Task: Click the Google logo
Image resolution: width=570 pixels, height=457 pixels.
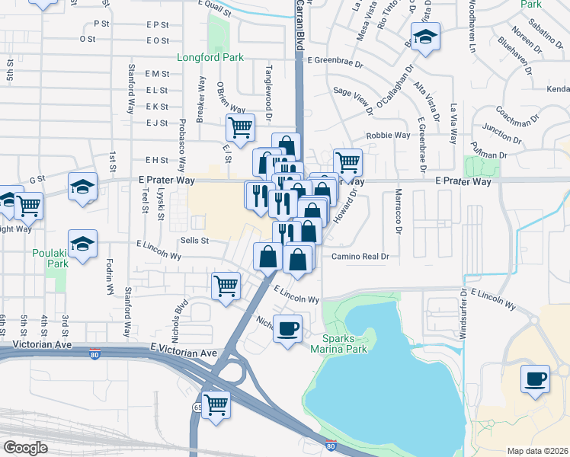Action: [x=26, y=448]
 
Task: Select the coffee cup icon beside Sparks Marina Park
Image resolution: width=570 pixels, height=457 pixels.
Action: [x=287, y=329]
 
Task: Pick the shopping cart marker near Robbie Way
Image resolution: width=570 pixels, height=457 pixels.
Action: [x=347, y=161]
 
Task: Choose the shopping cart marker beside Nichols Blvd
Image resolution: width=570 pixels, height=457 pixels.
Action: [x=226, y=287]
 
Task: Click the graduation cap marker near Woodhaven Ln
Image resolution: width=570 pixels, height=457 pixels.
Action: [x=426, y=37]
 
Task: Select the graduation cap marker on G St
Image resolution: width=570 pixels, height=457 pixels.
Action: [x=82, y=187]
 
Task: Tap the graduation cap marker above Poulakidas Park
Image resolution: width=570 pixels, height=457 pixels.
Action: [x=82, y=243]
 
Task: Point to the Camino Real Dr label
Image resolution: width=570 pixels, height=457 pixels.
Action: [x=360, y=257]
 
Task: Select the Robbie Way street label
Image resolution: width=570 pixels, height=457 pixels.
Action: [x=389, y=136]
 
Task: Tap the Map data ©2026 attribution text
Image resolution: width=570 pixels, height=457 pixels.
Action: [x=538, y=451]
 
